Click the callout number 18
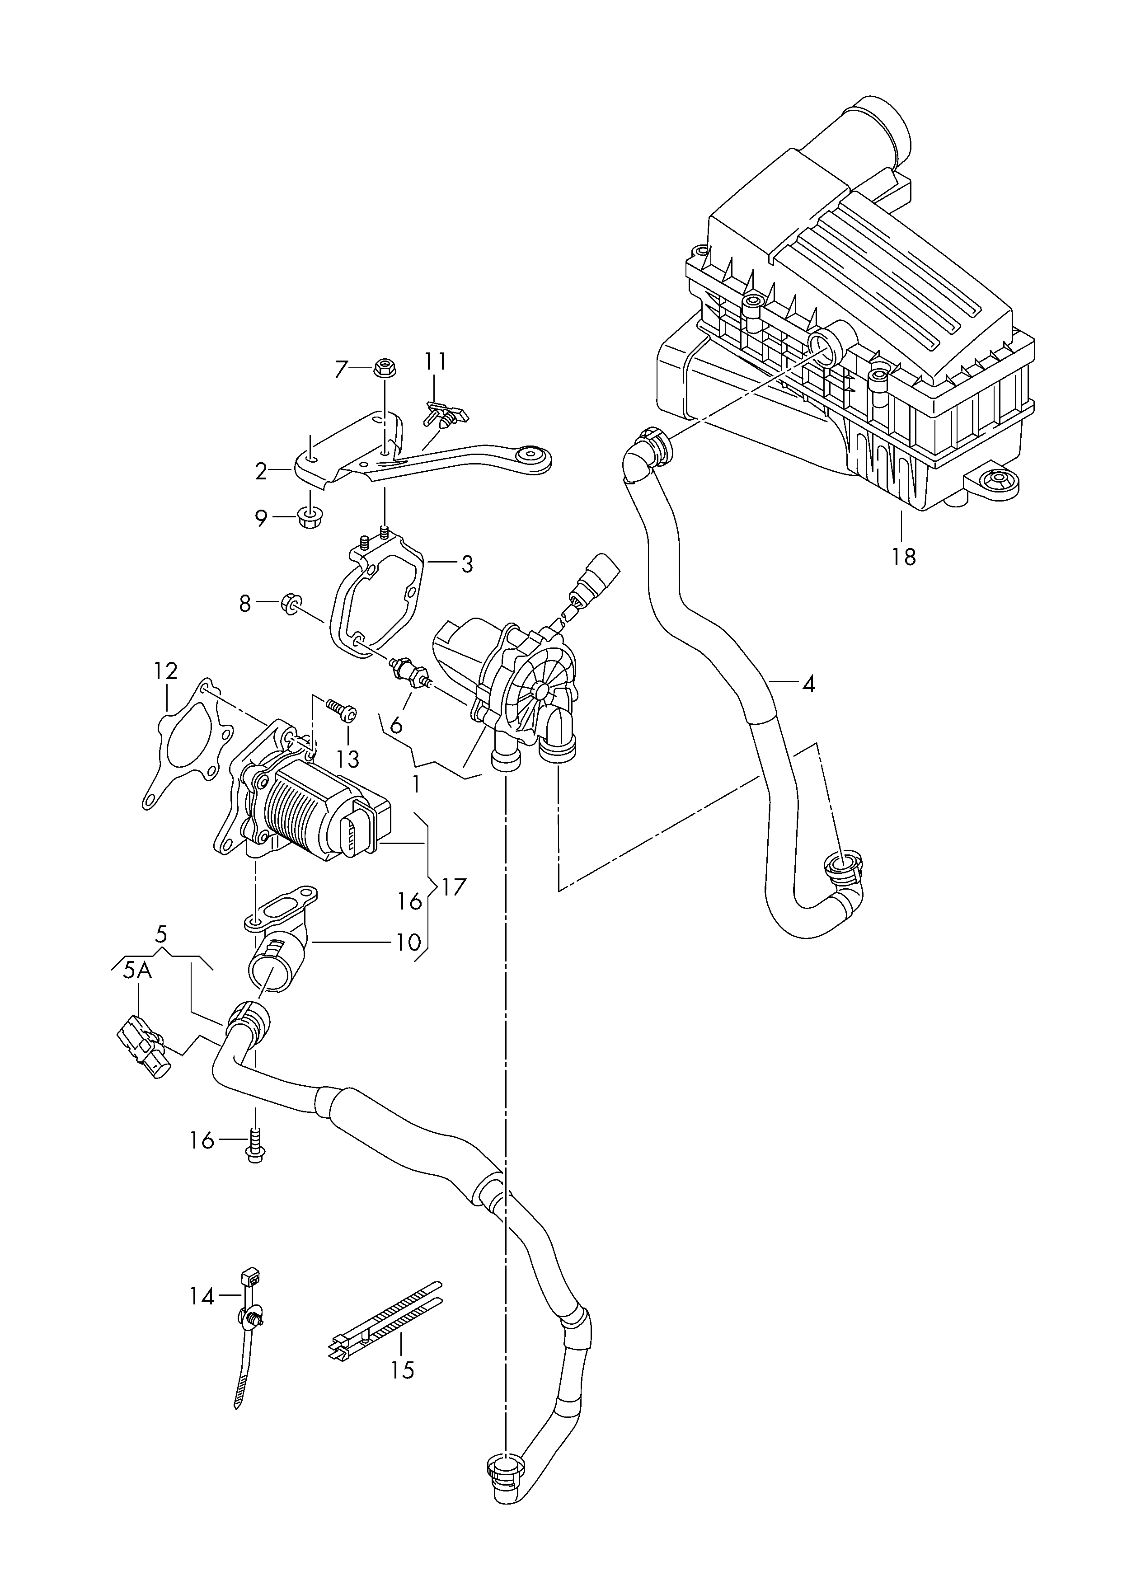[x=903, y=556]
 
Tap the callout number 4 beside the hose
[x=808, y=684]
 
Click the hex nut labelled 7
[x=382, y=368]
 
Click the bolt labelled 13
[x=341, y=709]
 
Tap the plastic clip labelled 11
[x=445, y=414]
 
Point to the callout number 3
[x=467, y=564]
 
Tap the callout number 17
[x=455, y=887]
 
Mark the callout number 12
[x=166, y=671]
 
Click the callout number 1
[x=415, y=784]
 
